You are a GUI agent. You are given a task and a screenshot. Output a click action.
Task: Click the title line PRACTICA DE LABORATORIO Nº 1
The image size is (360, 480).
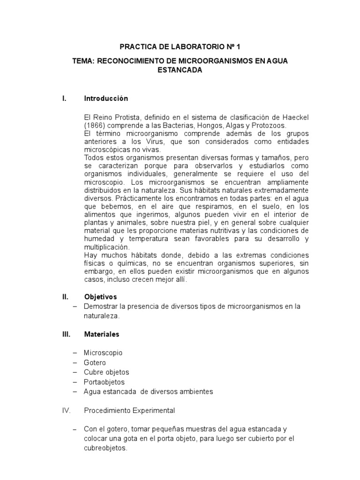click(x=180, y=47)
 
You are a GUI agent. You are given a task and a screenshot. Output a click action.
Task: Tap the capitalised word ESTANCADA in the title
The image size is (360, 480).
click(x=180, y=70)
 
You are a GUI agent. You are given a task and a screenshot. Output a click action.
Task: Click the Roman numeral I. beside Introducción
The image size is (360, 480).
click(x=65, y=98)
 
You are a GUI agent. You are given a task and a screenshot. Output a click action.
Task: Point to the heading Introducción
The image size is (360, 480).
click(x=106, y=98)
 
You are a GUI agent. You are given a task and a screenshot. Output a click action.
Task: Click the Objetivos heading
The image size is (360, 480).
click(x=100, y=297)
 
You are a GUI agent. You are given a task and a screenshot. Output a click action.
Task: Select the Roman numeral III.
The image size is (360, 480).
click(x=66, y=334)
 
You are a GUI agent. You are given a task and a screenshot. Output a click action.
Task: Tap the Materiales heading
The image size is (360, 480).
click(x=102, y=334)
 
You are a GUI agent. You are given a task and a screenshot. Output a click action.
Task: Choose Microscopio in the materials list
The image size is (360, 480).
click(x=104, y=352)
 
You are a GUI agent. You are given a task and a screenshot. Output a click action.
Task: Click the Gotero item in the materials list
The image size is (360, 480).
click(x=95, y=362)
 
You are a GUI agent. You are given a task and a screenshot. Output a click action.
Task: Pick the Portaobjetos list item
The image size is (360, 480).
click(x=104, y=382)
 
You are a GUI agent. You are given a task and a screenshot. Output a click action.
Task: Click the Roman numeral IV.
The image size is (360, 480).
click(x=66, y=411)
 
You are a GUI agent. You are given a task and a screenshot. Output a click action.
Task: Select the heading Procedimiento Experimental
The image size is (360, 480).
click(x=129, y=411)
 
